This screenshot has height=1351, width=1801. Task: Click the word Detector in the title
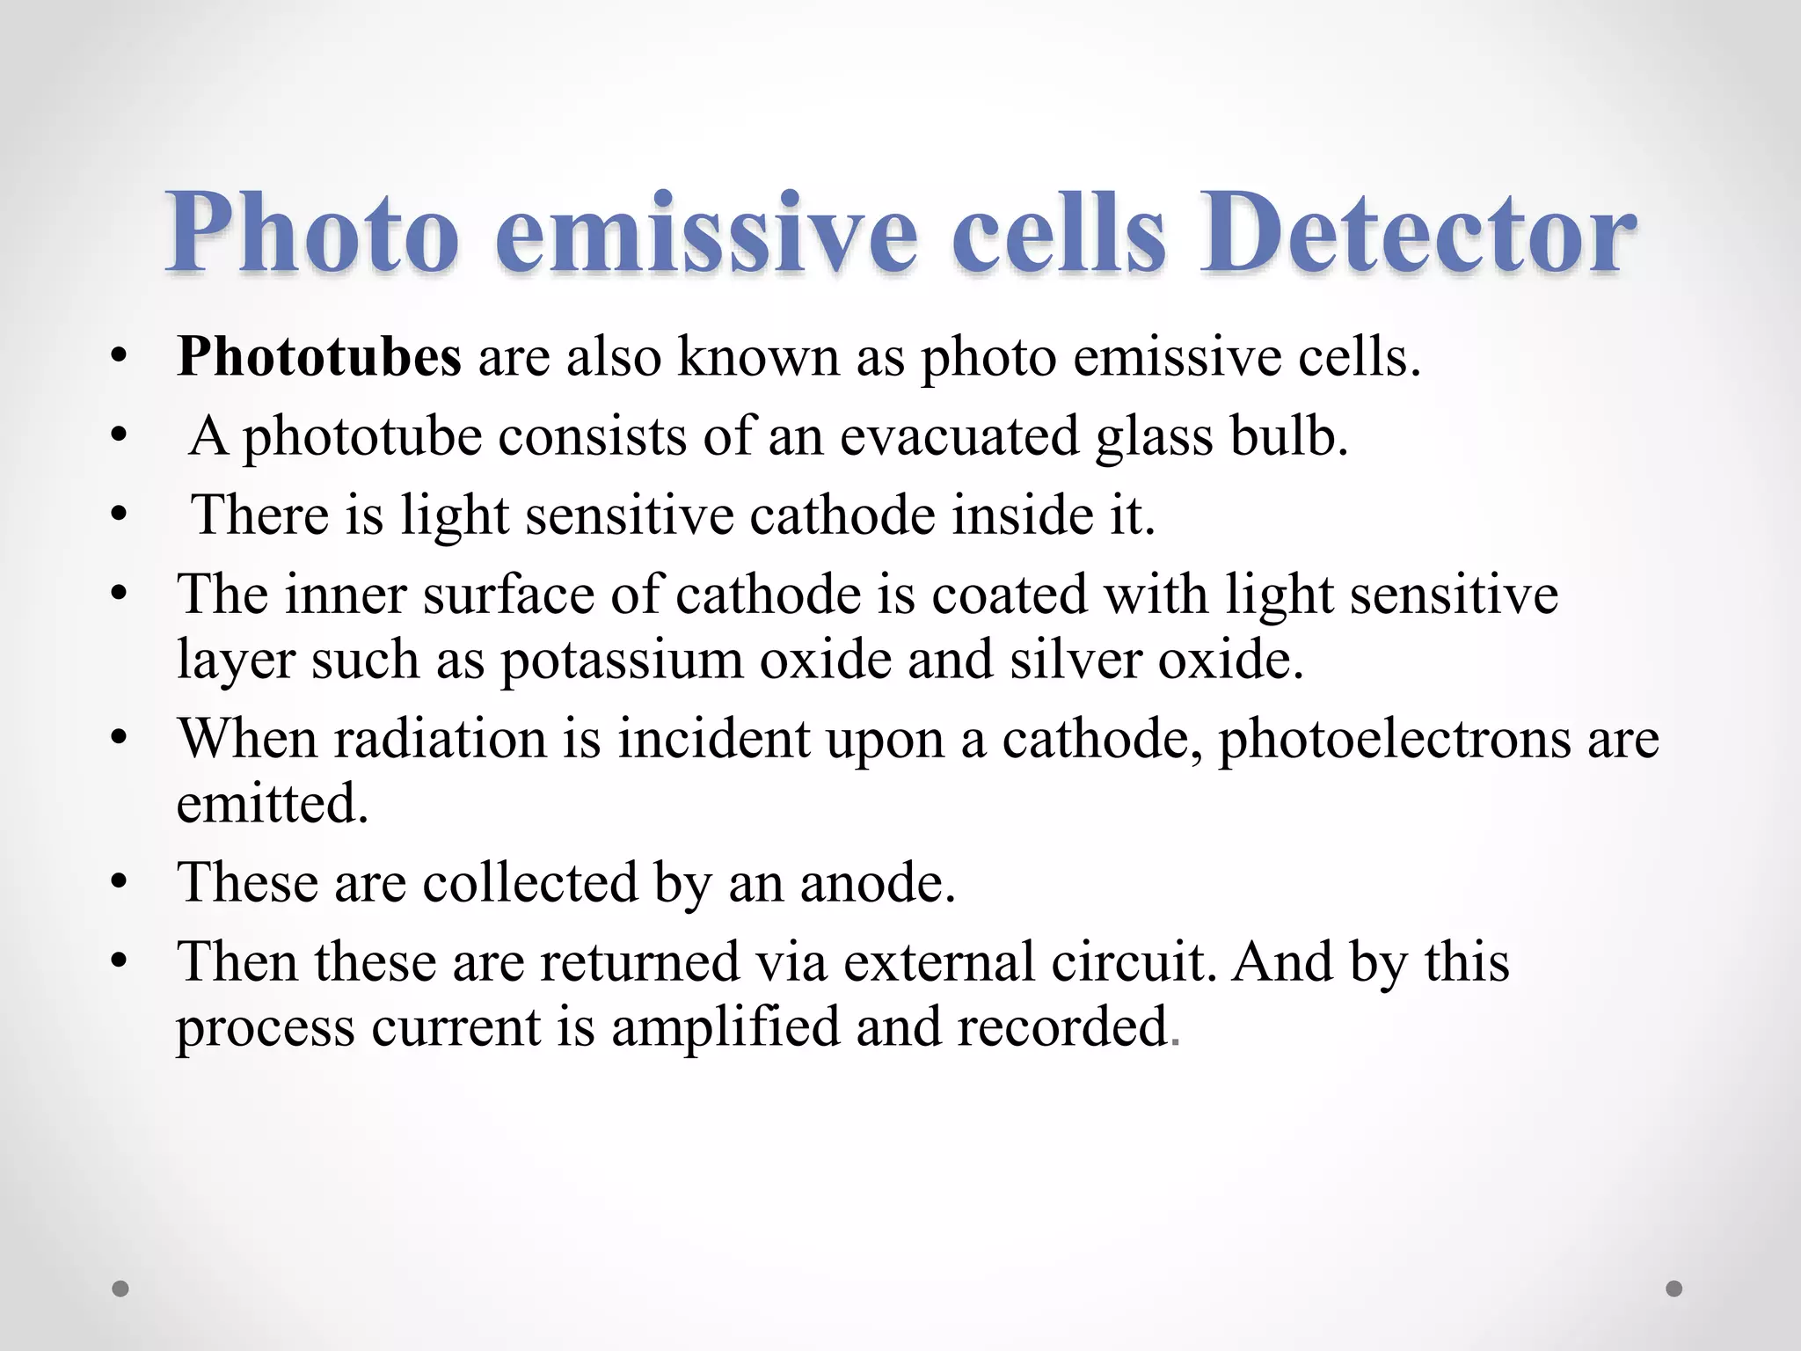click(x=1418, y=233)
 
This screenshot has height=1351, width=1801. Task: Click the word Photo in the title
click(x=312, y=233)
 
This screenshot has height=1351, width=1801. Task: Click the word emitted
click(x=272, y=802)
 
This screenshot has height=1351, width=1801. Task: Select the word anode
click(x=877, y=882)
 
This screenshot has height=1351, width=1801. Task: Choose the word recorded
click(x=1062, y=1026)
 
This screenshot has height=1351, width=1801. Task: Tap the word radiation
click(x=440, y=739)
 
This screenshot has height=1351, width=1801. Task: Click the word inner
click(x=345, y=595)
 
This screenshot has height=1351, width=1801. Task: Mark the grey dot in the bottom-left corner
click(x=120, y=1289)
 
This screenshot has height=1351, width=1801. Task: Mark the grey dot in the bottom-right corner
click(x=1674, y=1289)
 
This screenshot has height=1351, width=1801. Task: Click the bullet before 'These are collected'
click(x=120, y=882)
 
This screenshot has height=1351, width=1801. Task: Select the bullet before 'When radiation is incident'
click(x=120, y=739)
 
